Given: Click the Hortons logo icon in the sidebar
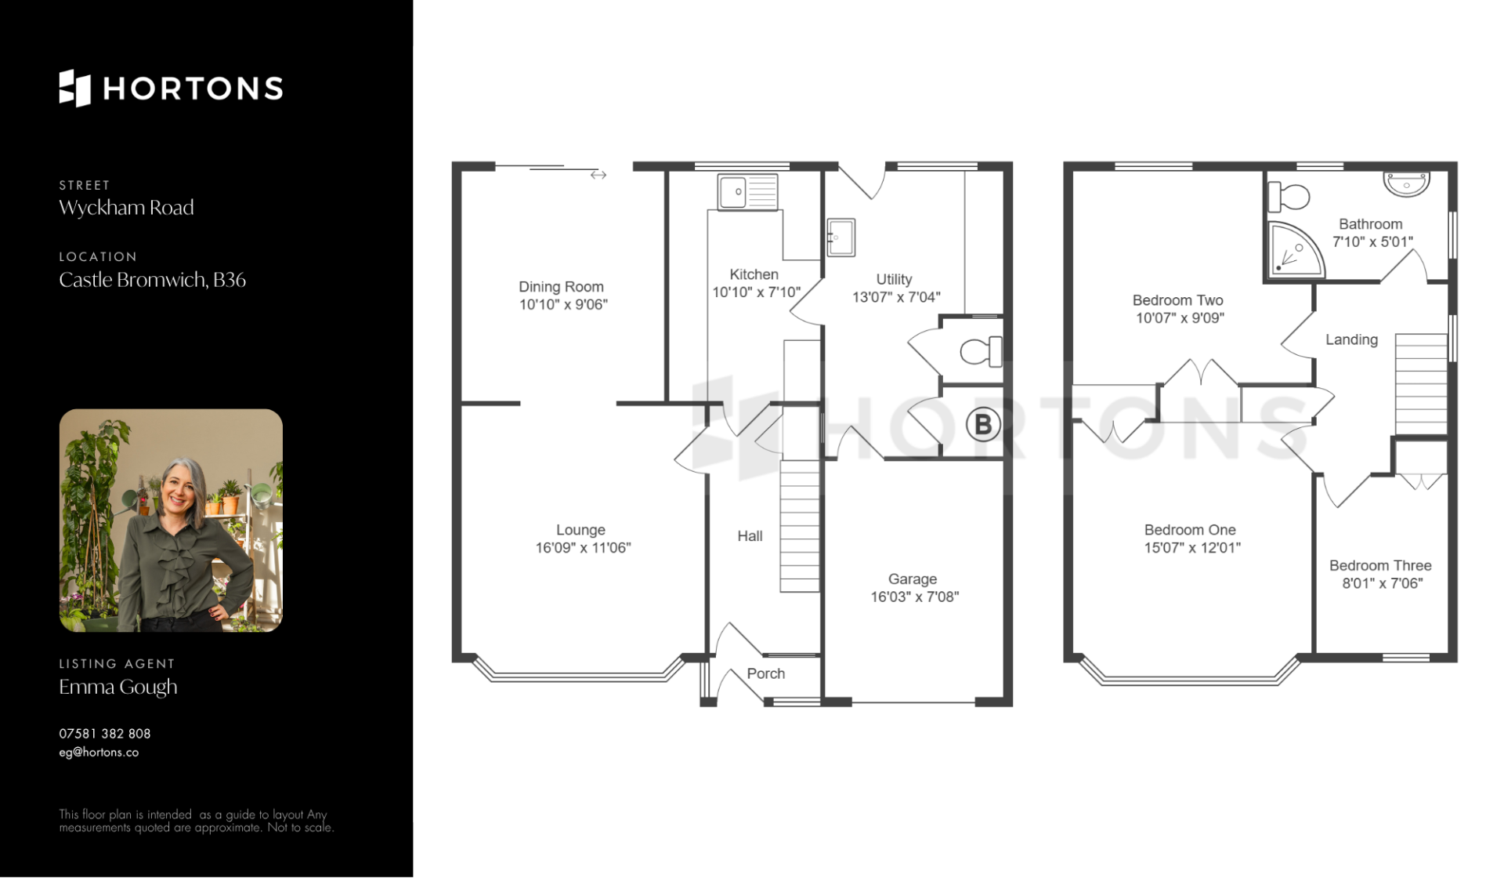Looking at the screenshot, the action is pos(75,88).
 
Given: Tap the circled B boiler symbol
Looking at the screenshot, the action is pos(983,424).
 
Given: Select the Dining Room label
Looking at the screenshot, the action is pos(561,287).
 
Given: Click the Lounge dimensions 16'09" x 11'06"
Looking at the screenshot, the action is pos(583,548).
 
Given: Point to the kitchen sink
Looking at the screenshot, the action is pos(748,192).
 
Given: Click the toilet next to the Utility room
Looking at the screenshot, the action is pos(981,351).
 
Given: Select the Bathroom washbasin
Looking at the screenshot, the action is pos(1407,183).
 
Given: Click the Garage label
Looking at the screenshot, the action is pos(913,579).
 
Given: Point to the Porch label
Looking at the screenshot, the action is pos(765,673).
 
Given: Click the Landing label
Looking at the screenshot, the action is pos(1351,339).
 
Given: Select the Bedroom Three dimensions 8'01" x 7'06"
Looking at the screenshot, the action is pos(1382,583).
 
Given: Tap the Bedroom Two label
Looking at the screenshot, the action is pos(1177,300).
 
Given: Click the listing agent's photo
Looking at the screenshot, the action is pos(171,521).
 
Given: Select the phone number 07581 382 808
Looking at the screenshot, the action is pos(105,734).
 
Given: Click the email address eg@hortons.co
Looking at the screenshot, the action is pos(99,753).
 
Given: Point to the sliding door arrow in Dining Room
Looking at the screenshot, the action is pos(598,175).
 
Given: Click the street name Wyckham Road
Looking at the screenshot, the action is pos(126,208).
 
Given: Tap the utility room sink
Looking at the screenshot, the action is pos(841,238).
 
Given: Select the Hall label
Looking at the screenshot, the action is pos(750,536).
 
